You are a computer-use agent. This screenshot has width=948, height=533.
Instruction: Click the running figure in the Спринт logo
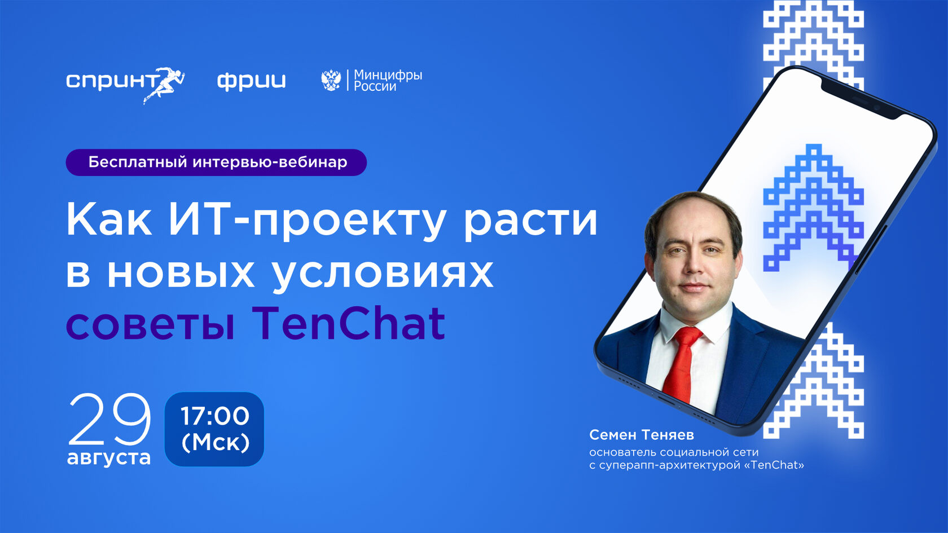pyautogui.click(x=166, y=83)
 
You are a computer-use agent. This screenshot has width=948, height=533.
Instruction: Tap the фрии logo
pyautogui.click(x=252, y=81)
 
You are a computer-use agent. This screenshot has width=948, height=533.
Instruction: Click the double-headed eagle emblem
pyautogui.click(x=331, y=81)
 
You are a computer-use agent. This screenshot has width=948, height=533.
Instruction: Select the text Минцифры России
pyautogui.click(x=388, y=81)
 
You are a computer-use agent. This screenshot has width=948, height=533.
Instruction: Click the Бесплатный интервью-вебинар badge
pyautogui.click(x=216, y=162)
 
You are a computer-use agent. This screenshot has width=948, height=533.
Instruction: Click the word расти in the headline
pyautogui.click(x=530, y=220)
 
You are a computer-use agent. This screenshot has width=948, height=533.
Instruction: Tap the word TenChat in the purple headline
pyautogui.click(x=348, y=324)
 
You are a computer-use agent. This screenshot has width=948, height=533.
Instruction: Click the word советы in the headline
pyautogui.click(x=150, y=325)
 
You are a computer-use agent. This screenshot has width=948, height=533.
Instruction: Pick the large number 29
pyautogui.click(x=110, y=419)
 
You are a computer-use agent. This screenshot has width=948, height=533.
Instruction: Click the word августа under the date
pyautogui.click(x=109, y=457)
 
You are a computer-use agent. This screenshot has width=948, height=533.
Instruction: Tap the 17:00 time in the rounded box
pyautogui.click(x=215, y=416)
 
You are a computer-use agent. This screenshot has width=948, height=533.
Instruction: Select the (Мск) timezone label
pyautogui.click(x=215, y=443)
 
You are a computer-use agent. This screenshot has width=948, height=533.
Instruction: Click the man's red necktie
pyautogui.click(x=682, y=364)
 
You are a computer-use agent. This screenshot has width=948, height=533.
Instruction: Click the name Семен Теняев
pyautogui.click(x=642, y=435)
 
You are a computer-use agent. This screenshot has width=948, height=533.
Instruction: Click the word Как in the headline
pyautogui.click(x=109, y=220)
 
